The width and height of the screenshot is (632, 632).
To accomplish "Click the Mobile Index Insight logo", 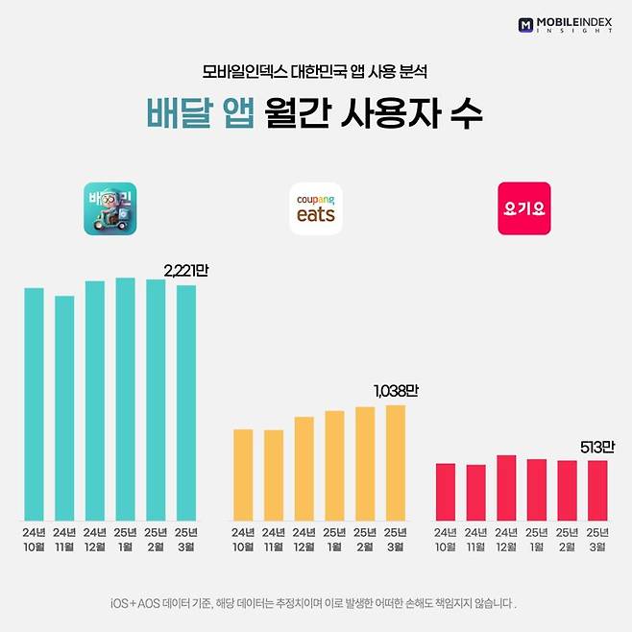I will pos(565,24).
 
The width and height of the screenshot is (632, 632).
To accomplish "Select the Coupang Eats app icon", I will pos(316,208).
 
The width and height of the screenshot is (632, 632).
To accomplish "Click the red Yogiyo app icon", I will pos(523,208).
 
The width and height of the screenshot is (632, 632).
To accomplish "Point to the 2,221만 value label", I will pos(184,271).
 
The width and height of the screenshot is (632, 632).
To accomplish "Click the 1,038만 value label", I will pos(396,391).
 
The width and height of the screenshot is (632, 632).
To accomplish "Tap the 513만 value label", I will pos(597,447).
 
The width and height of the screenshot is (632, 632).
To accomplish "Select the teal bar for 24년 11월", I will pos(64,407).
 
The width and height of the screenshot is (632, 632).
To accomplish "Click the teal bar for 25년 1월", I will pos(125,399).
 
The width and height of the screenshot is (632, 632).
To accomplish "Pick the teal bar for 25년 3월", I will pos(186,402).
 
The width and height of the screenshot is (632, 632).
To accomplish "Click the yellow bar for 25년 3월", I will pos(396,462).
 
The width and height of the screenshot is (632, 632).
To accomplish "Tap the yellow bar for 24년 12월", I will pos(304,468).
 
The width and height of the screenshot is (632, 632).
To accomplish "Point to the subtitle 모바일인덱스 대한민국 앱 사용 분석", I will pos(315,72).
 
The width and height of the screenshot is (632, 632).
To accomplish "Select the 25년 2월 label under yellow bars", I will pos(365,539).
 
